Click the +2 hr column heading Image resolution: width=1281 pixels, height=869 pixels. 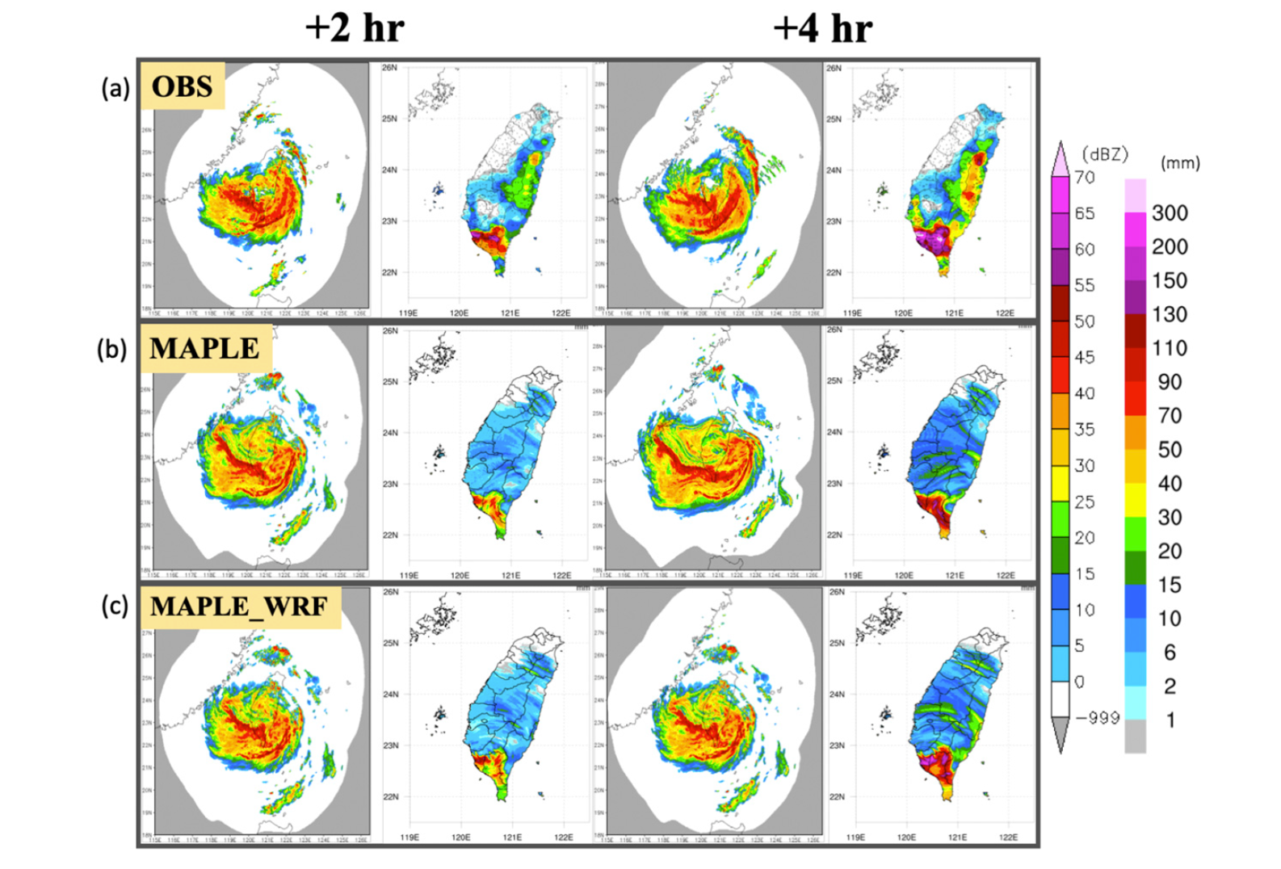[x=355, y=28]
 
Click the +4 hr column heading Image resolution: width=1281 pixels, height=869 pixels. [x=822, y=28]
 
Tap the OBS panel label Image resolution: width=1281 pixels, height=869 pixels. [x=183, y=86]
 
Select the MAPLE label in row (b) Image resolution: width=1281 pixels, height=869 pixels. [x=205, y=348]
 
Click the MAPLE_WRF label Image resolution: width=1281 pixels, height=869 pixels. [x=239, y=607]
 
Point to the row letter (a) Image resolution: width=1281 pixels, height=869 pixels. [x=115, y=87]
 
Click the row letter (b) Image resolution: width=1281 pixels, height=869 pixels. [x=112, y=350]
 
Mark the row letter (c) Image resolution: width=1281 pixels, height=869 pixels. [x=115, y=606]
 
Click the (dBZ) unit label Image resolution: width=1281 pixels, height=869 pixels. [x=1104, y=154]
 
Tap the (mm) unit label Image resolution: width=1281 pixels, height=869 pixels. [x=1180, y=163]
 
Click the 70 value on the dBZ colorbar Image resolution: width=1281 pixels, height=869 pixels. [x=1085, y=177]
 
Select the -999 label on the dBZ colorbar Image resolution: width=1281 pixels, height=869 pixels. [x=1097, y=717]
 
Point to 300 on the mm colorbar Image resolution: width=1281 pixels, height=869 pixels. [x=1170, y=213]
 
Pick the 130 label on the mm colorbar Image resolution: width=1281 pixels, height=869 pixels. [x=1170, y=314]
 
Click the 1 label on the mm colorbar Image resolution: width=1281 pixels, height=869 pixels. [x=1170, y=720]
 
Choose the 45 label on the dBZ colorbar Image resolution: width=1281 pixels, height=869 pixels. [x=1085, y=357]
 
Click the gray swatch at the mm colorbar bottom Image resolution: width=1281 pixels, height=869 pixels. [x=1135, y=737]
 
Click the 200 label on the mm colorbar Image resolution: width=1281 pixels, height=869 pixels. [x=1170, y=247]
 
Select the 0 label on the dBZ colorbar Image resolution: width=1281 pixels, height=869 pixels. [x=1080, y=682]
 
